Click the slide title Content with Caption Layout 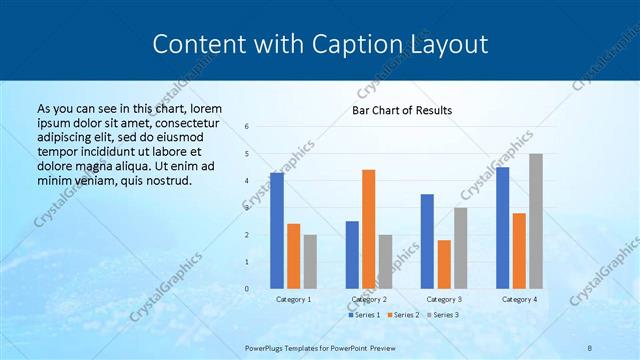320,44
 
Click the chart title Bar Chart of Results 401,110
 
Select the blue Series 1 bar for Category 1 277,231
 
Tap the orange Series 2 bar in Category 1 293,256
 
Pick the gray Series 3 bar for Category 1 310,262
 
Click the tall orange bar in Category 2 368,229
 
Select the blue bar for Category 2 352,255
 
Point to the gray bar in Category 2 385,262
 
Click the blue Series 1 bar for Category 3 427,241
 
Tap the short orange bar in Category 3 443,264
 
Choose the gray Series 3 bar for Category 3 460,248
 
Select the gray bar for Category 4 535,221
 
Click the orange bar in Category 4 519,251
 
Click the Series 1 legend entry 364,315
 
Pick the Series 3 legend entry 442,315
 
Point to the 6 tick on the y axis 247,127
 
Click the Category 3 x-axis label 443,299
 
